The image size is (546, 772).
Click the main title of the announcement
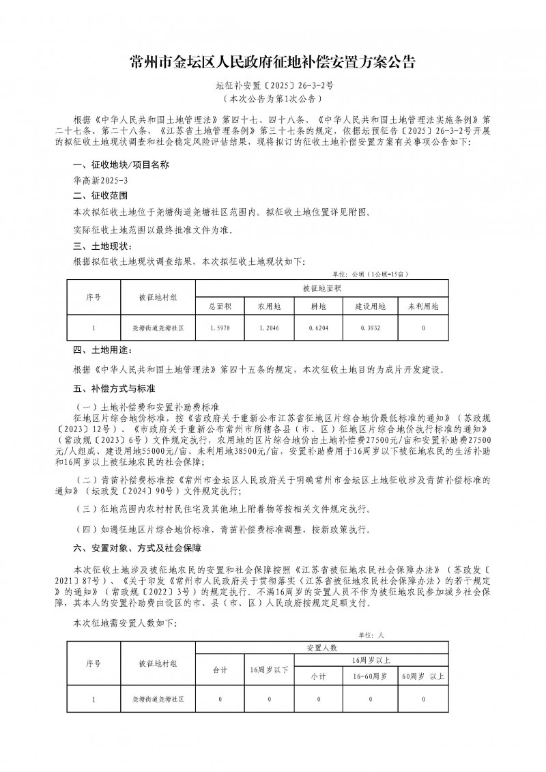point(272,63)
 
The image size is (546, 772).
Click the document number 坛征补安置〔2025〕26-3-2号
point(273,87)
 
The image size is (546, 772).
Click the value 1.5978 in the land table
point(220,328)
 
